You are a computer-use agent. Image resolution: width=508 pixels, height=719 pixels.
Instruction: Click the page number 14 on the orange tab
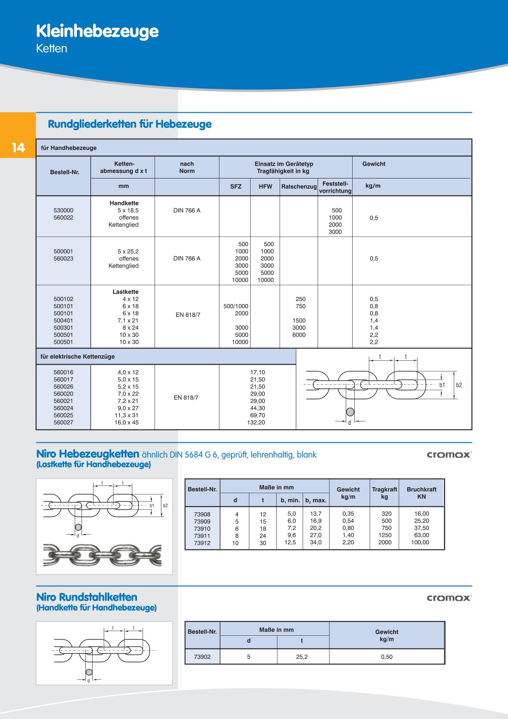[x=18, y=148]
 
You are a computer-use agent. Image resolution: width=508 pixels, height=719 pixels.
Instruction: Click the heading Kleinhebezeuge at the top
[x=97, y=31]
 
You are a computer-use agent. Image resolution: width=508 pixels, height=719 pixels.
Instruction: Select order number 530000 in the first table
[x=63, y=210]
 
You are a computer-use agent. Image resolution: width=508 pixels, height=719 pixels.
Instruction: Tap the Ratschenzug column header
[x=299, y=187]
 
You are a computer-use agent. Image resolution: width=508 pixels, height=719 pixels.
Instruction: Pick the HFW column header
[x=265, y=187]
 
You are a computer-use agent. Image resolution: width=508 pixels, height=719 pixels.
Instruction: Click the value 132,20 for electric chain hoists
[x=256, y=423]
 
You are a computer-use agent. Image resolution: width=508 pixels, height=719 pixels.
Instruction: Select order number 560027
[x=63, y=423]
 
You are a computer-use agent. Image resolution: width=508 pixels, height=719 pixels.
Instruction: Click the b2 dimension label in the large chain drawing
[x=459, y=385]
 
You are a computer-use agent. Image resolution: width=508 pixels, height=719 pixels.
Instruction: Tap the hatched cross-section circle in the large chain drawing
[x=350, y=412]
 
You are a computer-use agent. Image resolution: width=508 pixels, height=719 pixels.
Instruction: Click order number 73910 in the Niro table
[x=202, y=529]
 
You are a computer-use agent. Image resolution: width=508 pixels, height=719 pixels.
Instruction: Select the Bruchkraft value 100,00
[x=420, y=543]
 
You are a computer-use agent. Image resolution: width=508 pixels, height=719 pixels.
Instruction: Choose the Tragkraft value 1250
[x=385, y=535]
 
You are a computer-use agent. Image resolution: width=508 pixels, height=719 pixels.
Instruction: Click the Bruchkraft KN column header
[x=421, y=493]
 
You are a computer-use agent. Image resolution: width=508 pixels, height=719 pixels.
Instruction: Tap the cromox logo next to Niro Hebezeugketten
[x=449, y=455]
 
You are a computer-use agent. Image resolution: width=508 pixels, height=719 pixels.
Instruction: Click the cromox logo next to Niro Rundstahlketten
[x=449, y=598]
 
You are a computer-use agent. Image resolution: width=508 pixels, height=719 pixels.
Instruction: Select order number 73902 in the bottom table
[x=202, y=657]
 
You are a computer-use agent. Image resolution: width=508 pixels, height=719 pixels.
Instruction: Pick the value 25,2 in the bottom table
[x=302, y=657]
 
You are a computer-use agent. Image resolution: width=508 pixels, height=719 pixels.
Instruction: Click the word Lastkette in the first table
[x=126, y=292]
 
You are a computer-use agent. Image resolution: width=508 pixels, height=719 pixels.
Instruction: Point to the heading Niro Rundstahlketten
[x=87, y=597]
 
